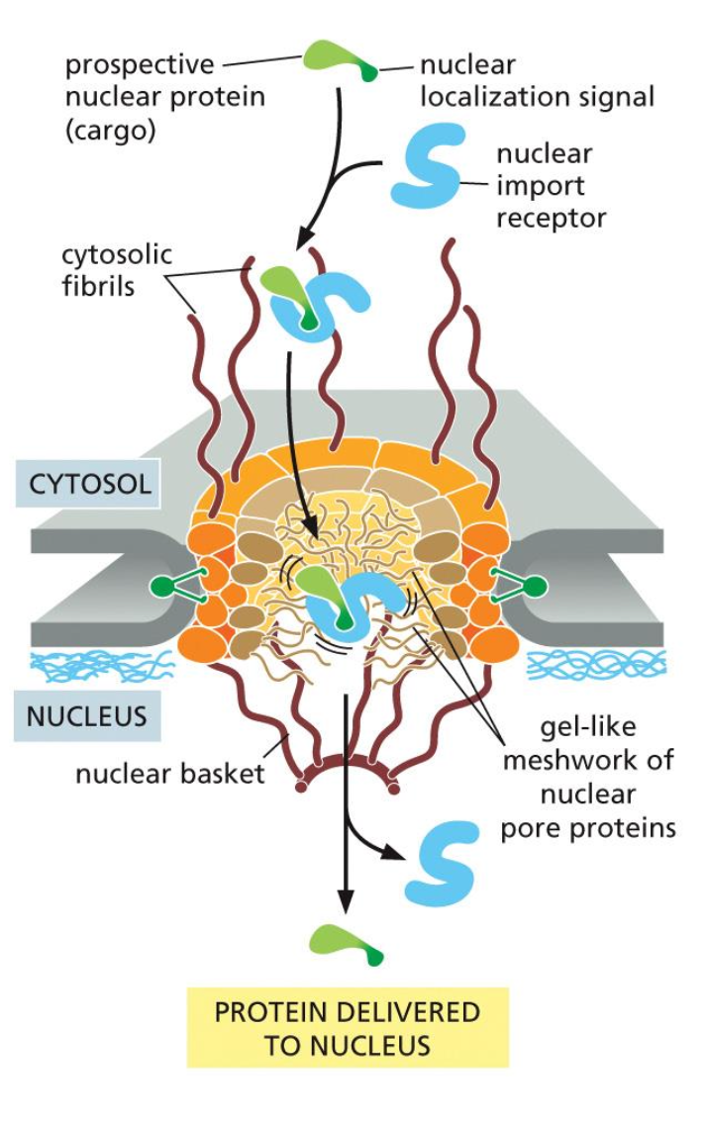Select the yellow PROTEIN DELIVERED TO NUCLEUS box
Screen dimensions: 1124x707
pos(348,1028)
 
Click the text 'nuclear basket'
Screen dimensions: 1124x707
pos(170,773)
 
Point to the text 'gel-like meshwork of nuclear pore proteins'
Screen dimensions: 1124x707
pos(588,776)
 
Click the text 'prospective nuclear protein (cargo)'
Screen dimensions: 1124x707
pos(139,97)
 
